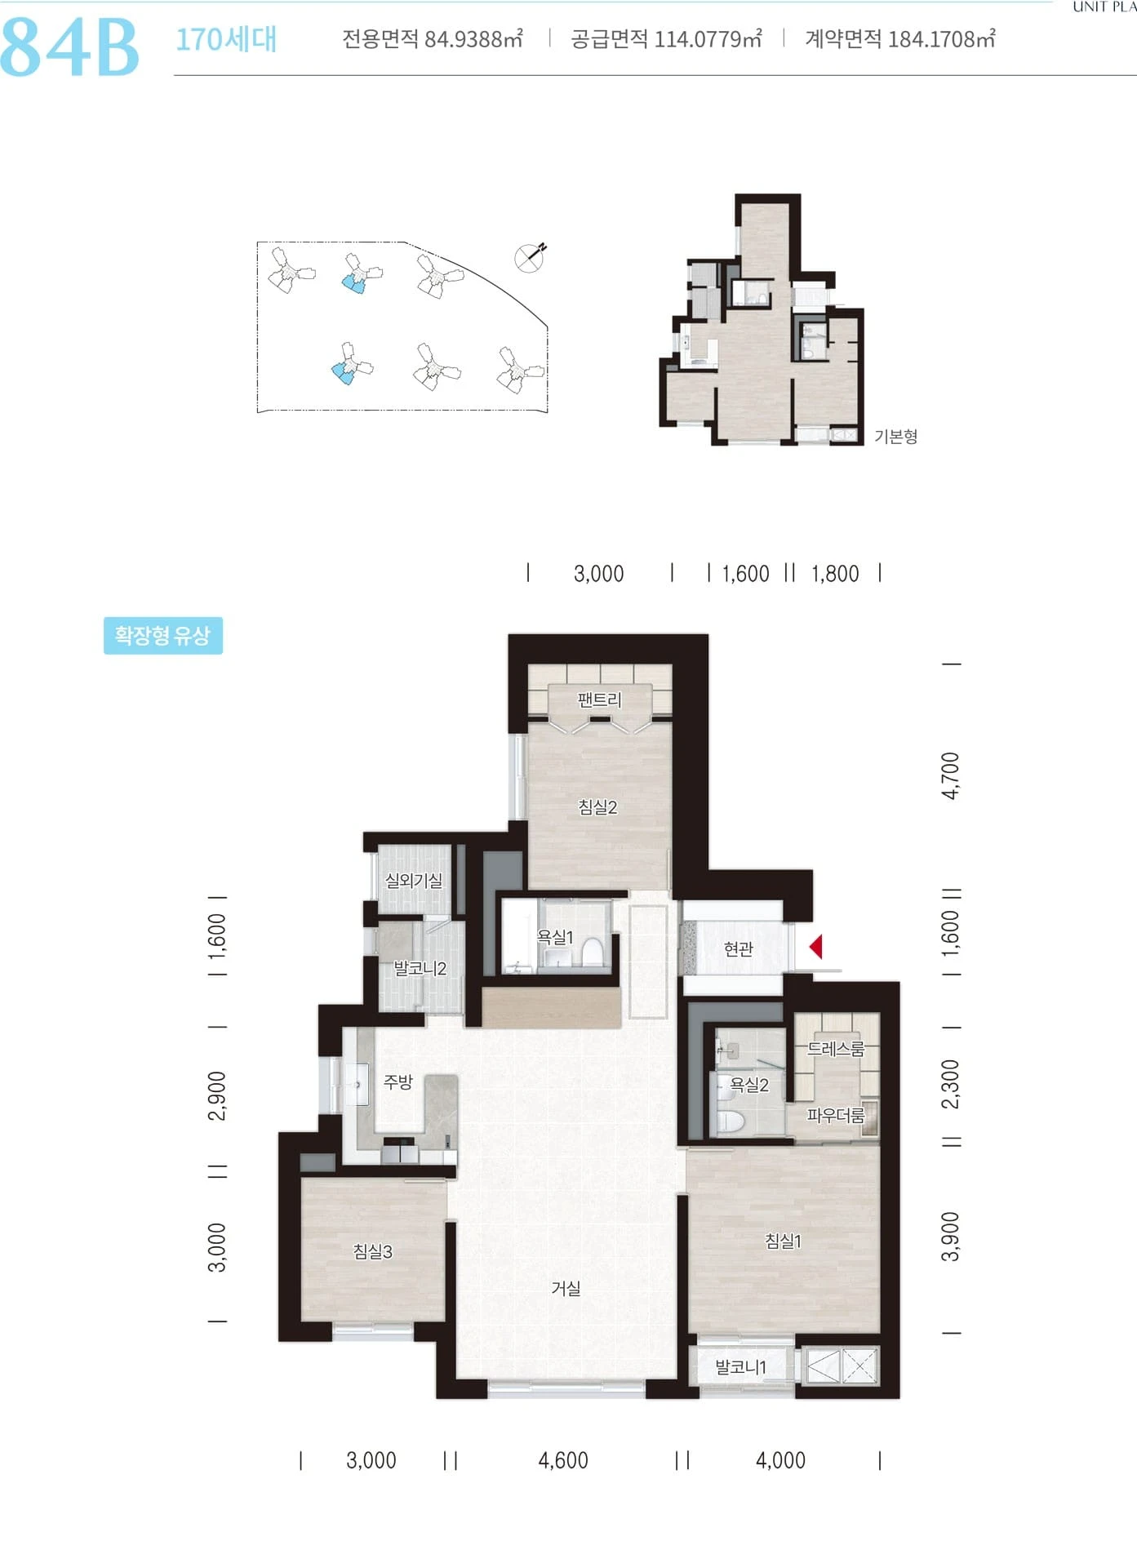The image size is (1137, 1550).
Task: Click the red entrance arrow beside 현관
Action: pyautogui.click(x=815, y=947)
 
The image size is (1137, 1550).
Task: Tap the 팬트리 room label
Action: pyautogui.click(x=599, y=700)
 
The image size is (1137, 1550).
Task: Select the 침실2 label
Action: pyautogui.click(x=598, y=807)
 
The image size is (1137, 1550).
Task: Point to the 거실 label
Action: pyautogui.click(x=566, y=1288)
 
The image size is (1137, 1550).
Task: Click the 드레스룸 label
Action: pyautogui.click(x=835, y=1049)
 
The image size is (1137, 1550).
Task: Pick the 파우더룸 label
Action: pyautogui.click(x=835, y=1115)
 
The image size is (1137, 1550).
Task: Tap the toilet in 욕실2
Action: pyautogui.click(x=729, y=1121)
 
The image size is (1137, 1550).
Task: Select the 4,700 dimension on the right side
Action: pyautogui.click(x=950, y=775)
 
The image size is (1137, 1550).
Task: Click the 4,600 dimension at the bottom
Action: pyautogui.click(x=563, y=1460)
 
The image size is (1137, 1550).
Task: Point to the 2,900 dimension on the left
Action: pyautogui.click(x=217, y=1095)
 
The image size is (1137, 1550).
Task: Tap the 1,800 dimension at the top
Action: pyautogui.click(x=835, y=574)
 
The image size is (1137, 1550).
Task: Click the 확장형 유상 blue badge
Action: pyautogui.click(x=163, y=636)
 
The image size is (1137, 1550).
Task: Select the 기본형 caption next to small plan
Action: pyautogui.click(x=896, y=437)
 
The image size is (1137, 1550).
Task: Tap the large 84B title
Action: pyautogui.click(x=70, y=47)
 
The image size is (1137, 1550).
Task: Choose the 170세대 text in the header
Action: pyautogui.click(x=226, y=39)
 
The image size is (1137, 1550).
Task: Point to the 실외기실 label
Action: pyautogui.click(x=414, y=881)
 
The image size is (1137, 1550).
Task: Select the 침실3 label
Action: pyautogui.click(x=373, y=1251)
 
